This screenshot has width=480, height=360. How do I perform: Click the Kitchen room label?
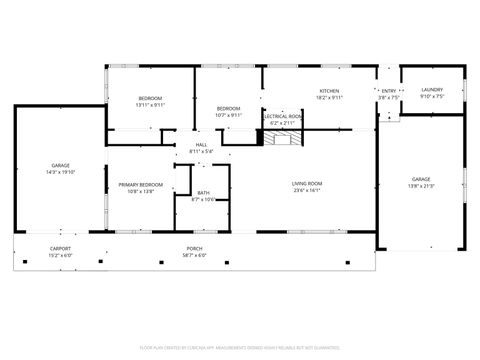(x=329, y=91)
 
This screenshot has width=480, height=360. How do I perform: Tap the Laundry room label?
(x=432, y=90)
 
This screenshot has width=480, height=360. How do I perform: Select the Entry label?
(x=388, y=91)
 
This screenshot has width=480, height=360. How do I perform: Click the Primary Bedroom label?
(x=141, y=184)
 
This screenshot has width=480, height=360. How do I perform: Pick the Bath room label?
(x=203, y=193)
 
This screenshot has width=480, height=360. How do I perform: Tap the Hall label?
(x=201, y=145)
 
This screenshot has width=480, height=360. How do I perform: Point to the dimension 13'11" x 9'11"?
(x=150, y=105)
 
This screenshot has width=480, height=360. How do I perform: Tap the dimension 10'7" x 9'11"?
(x=229, y=115)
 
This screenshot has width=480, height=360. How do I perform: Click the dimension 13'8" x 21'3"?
(x=420, y=186)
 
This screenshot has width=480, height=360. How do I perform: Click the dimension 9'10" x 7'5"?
(x=432, y=97)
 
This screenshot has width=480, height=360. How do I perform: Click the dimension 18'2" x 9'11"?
(x=329, y=98)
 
